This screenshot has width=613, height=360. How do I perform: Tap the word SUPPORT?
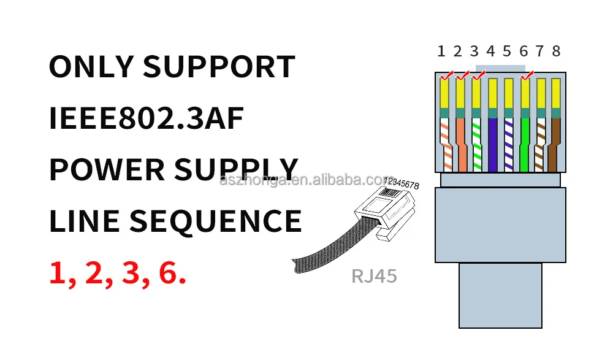[x=219, y=67]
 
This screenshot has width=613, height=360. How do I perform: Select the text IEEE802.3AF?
[x=146, y=118]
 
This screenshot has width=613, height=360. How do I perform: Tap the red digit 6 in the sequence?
[x=169, y=274]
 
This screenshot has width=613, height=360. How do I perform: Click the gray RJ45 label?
[x=374, y=276]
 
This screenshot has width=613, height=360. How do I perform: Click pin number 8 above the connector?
[x=556, y=52]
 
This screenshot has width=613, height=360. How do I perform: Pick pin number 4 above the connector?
[x=490, y=52]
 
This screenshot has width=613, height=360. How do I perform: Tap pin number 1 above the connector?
[x=441, y=52]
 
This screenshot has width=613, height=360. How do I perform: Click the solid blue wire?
[x=492, y=144]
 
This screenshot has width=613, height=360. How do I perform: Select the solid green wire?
[x=524, y=144]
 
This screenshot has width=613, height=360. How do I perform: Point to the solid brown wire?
[x=556, y=144]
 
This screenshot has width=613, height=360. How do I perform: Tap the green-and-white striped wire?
[x=477, y=144]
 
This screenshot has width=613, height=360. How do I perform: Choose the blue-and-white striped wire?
[x=508, y=144]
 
